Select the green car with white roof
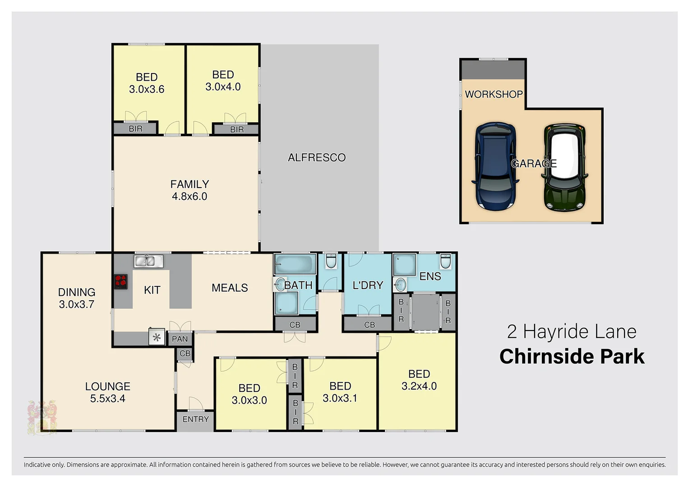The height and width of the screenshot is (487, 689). click(x=565, y=168)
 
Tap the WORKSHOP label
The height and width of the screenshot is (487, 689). click(x=494, y=94)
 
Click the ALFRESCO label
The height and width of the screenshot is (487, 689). click(x=317, y=157)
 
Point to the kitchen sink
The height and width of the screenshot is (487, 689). click(x=148, y=261)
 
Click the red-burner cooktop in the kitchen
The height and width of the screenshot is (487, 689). click(x=120, y=281)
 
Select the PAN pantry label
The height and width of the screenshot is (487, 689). click(x=180, y=339)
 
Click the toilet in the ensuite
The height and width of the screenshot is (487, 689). click(x=445, y=261)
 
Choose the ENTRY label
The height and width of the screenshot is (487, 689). click(x=195, y=419)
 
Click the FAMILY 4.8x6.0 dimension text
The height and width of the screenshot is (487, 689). click(x=190, y=196)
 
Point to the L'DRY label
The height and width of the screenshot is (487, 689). click(x=368, y=285)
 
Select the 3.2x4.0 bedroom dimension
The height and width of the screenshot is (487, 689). click(x=419, y=386)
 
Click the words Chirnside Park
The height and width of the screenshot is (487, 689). click(x=572, y=356)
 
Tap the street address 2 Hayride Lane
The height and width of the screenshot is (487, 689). click(x=572, y=331)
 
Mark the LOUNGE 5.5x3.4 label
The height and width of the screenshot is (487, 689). click(x=108, y=392)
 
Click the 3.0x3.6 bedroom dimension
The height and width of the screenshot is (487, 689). click(x=147, y=89)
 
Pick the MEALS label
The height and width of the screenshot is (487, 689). click(x=230, y=288)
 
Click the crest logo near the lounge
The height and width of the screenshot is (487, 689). click(x=42, y=418)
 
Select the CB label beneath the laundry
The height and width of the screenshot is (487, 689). click(x=370, y=325)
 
